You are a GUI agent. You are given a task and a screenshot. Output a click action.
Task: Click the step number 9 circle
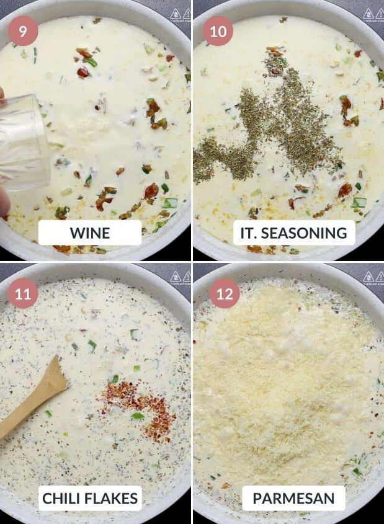point(23,31)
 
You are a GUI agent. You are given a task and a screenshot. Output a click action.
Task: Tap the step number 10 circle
point(218,31)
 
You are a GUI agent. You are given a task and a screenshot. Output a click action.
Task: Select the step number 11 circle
point(23,293)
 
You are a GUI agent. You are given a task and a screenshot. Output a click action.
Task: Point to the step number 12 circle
point(225,293)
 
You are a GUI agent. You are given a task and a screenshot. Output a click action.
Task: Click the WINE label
point(90,233)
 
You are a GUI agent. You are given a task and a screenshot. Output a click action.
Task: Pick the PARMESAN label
point(293,498)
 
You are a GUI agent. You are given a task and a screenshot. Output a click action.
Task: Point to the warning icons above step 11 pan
point(180,277)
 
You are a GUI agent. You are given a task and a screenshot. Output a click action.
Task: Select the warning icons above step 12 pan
point(373,277)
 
